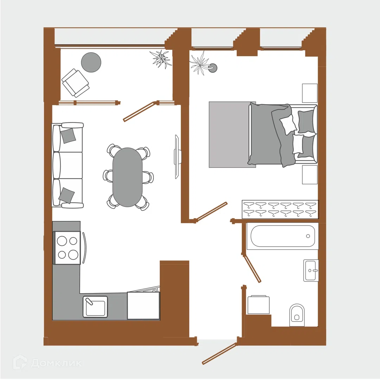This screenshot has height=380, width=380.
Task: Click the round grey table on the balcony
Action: tap(91, 62)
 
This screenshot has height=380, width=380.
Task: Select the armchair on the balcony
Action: tap(75, 83)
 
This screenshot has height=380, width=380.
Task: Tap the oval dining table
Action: tap(127, 177)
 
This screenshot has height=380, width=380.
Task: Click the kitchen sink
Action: tap(95, 306)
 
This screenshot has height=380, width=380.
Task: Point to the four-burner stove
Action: tap(67, 248)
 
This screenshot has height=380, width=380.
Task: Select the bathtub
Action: tap(282, 236)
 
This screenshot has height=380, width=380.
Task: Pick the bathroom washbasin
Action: tap(311, 270)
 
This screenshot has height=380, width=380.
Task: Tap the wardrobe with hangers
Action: tap(280, 209)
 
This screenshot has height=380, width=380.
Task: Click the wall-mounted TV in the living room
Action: tap(178, 157)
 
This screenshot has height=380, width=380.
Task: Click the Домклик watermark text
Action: tap(56, 363)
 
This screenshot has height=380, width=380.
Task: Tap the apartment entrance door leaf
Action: tap(219, 354)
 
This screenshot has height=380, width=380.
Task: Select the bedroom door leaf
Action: tap(211, 211)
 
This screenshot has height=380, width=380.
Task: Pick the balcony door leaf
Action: tap(139, 112)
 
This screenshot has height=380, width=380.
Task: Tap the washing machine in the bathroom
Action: tap(259, 305)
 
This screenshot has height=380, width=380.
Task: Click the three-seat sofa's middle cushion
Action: tap(68, 165)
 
